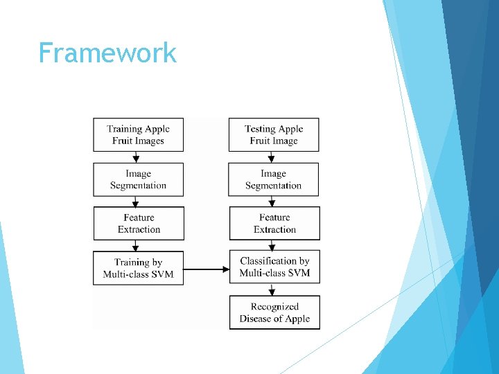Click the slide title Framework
point(107,53)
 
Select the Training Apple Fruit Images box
point(139,134)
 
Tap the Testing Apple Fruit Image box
point(274,134)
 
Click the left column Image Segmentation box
point(139,179)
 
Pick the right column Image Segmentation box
point(274,179)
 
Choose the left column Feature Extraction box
point(139,223)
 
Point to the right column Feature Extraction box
point(274,223)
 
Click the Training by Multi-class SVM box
point(139,268)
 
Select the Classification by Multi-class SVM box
point(274,267)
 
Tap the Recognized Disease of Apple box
point(274,312)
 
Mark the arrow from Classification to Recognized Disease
point(272,290)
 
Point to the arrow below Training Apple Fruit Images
point(137,157)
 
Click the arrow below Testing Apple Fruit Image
point(272,157)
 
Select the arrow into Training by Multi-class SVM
point(137,246)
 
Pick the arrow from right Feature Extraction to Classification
point(272,246)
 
